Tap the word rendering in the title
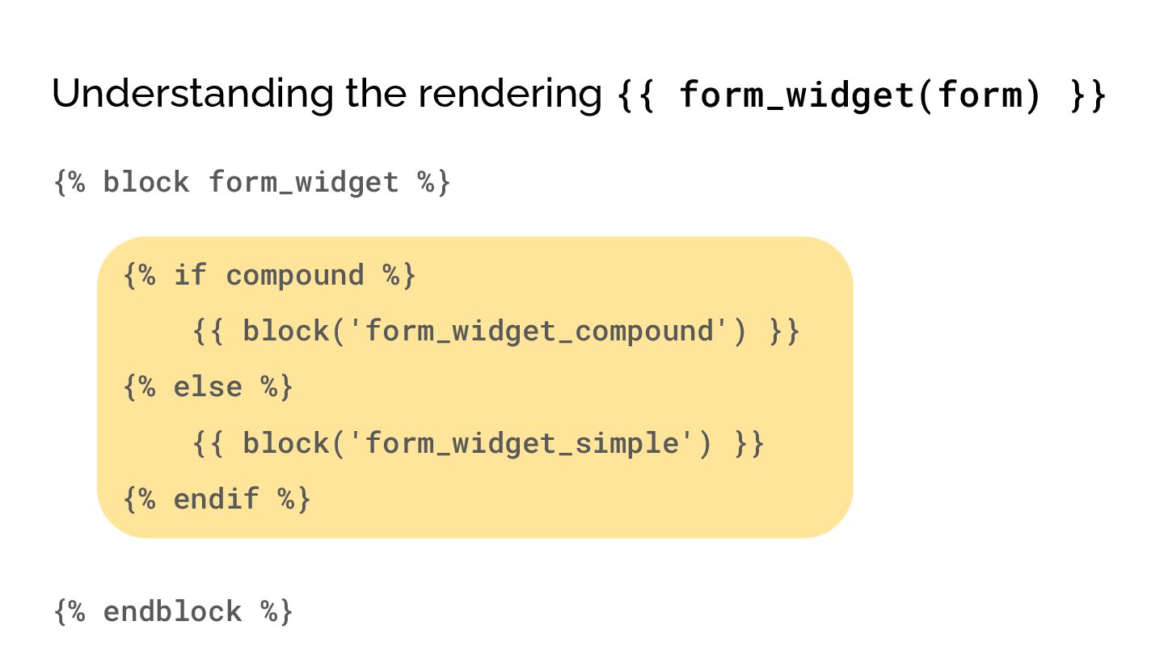[509, 95]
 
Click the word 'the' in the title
[377, 94]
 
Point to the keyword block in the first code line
[145, 182]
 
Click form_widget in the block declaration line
[303, 182]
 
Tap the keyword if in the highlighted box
[190, 275]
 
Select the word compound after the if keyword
[295, 275]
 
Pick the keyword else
[208, 387]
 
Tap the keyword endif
[216, 498]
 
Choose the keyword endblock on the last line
[172, 611]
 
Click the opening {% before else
[139, 387]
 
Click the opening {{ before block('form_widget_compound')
[209, 332]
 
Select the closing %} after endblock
[277, 611]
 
